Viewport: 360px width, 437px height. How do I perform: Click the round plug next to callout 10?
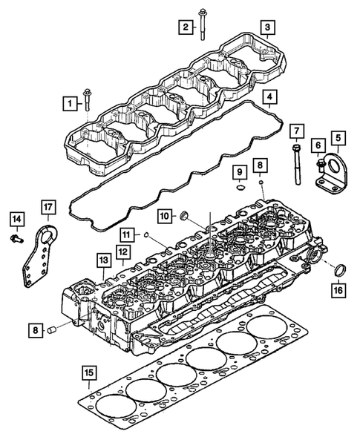pos(186,216)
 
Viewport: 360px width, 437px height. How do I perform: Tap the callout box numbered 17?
pos(48,206)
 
